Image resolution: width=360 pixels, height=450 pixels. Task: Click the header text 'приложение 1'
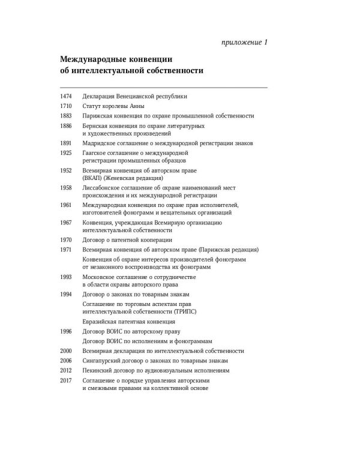tap(240, 42)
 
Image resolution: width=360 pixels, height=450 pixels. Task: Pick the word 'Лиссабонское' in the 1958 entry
tap(102, 188)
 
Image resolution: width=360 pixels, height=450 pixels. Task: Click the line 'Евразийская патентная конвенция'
tap(125, 322)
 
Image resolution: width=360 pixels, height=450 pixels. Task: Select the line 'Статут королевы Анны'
tap(112, 106)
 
